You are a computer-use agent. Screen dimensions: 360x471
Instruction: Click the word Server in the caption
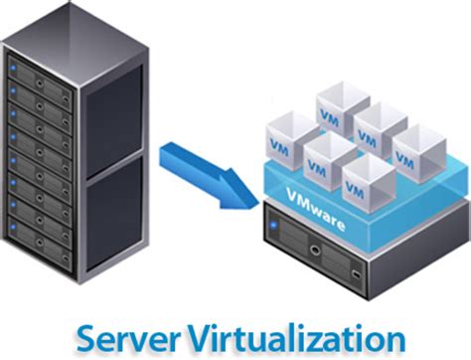point(129,333)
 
